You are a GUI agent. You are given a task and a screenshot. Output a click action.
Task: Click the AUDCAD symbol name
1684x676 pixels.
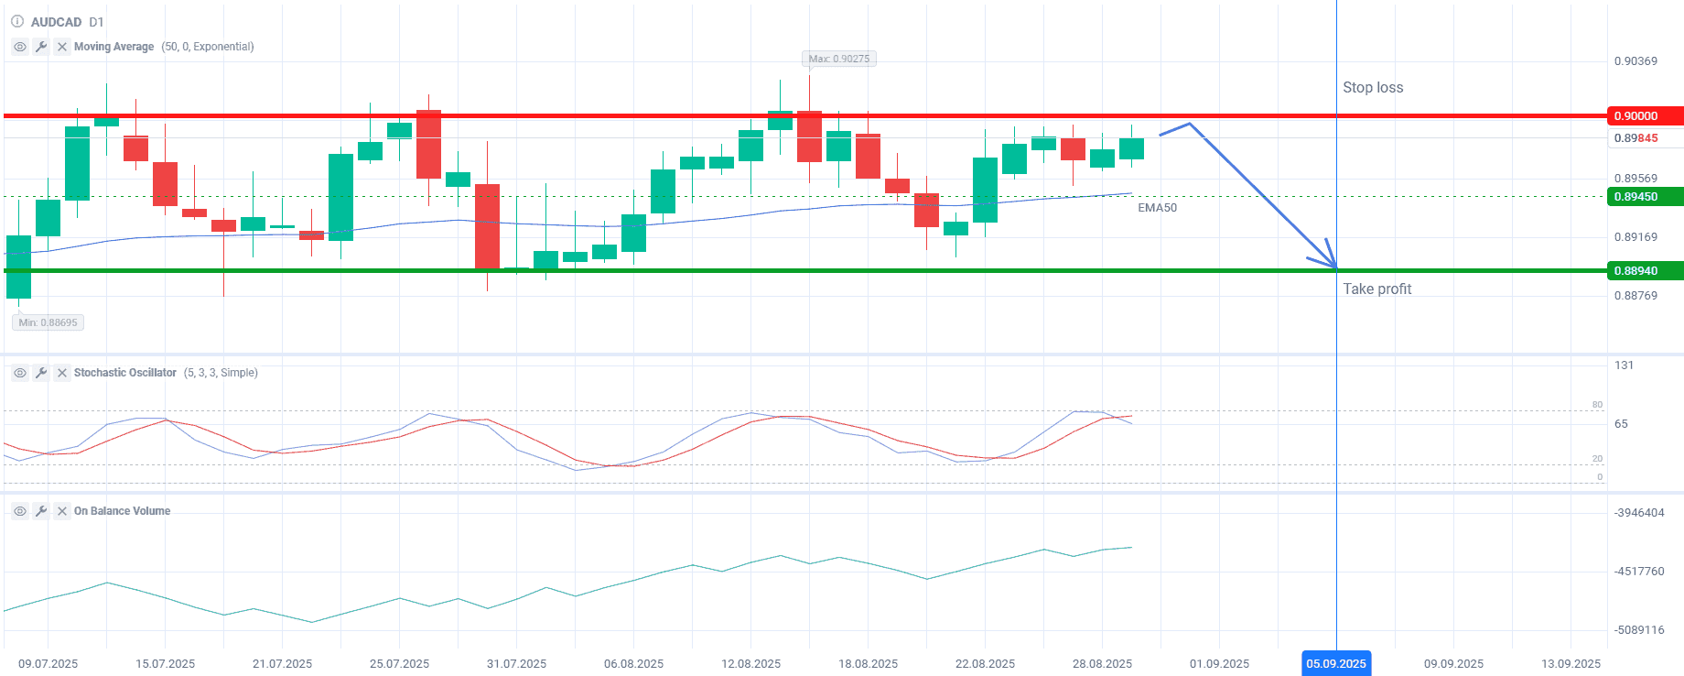pyautogui.click(x=56, y=22)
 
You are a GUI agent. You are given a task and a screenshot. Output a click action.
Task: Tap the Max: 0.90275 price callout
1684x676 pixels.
pyautogui.click(x=838, y=59)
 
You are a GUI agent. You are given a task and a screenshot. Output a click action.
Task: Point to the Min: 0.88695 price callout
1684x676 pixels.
pyautogui.click(x=49, y=322)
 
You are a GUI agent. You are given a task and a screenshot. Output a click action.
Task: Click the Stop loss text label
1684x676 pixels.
pyautogui.click(x=1372, y=88)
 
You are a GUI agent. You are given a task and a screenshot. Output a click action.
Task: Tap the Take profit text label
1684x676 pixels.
pyautogui.click(x=1376, y=289)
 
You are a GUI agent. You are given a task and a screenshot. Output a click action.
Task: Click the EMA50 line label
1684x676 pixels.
pyautogui.click(x=1157, y=208)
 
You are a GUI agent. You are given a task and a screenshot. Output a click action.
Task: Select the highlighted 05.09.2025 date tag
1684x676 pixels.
pyautogui.click(x=1335, y=663)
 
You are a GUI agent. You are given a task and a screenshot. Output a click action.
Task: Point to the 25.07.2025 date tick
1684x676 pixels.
pyautogui.click(x=399, y=664)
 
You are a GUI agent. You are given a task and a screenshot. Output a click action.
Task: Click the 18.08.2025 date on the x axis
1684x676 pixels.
pyautogui.click(x=868, y=664)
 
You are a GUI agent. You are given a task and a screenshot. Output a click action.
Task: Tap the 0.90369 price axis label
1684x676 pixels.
pyautogui.click(x=1635, y=61)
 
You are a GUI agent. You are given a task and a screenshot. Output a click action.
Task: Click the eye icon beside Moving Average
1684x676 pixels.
pyautogui.click(x=20, y=47)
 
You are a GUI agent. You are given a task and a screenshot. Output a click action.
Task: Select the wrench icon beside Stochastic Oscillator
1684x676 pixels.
pyautogui.click(x=41, y=373)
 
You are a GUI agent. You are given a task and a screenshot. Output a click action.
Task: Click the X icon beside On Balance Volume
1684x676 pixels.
pyautogui.click(x=62, y=511)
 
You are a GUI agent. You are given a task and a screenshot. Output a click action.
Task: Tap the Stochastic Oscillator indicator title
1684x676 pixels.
pyautogui.click(x=125, y=373)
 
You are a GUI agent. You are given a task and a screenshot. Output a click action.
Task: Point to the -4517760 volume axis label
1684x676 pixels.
pyautogui.click(x=1639, y=572)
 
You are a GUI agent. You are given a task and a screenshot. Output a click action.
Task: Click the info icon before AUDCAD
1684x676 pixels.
pyautogui.click(x=17, y=21)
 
